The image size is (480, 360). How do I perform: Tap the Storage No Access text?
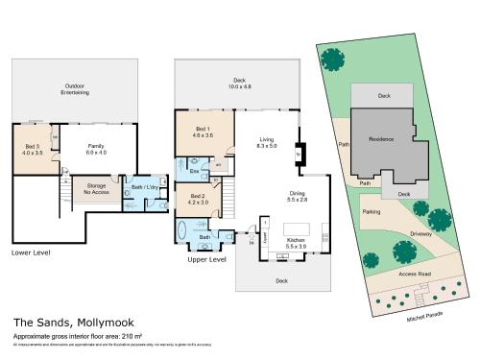tap(96, 188)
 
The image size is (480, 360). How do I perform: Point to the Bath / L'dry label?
tap(144, 187)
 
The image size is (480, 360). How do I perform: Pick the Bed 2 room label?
tap(197, 199)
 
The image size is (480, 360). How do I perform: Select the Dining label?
tap(298, 195)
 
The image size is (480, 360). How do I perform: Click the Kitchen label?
tap(295, 241)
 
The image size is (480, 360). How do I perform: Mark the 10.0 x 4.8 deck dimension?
tap(239, 86)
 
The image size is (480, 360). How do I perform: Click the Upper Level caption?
tap(206, 259)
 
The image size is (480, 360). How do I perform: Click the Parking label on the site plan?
tap(372, 211)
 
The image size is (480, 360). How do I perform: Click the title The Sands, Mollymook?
tap(63, 323)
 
